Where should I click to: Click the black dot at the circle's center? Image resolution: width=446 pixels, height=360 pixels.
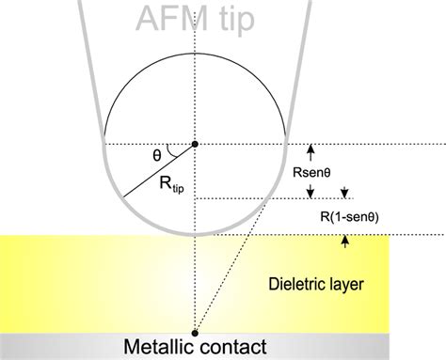[x=195, y=144]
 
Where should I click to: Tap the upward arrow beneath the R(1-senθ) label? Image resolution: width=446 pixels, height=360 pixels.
[x=346, y=241]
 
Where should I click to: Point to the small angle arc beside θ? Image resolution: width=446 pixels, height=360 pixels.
[x=170, y=149]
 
